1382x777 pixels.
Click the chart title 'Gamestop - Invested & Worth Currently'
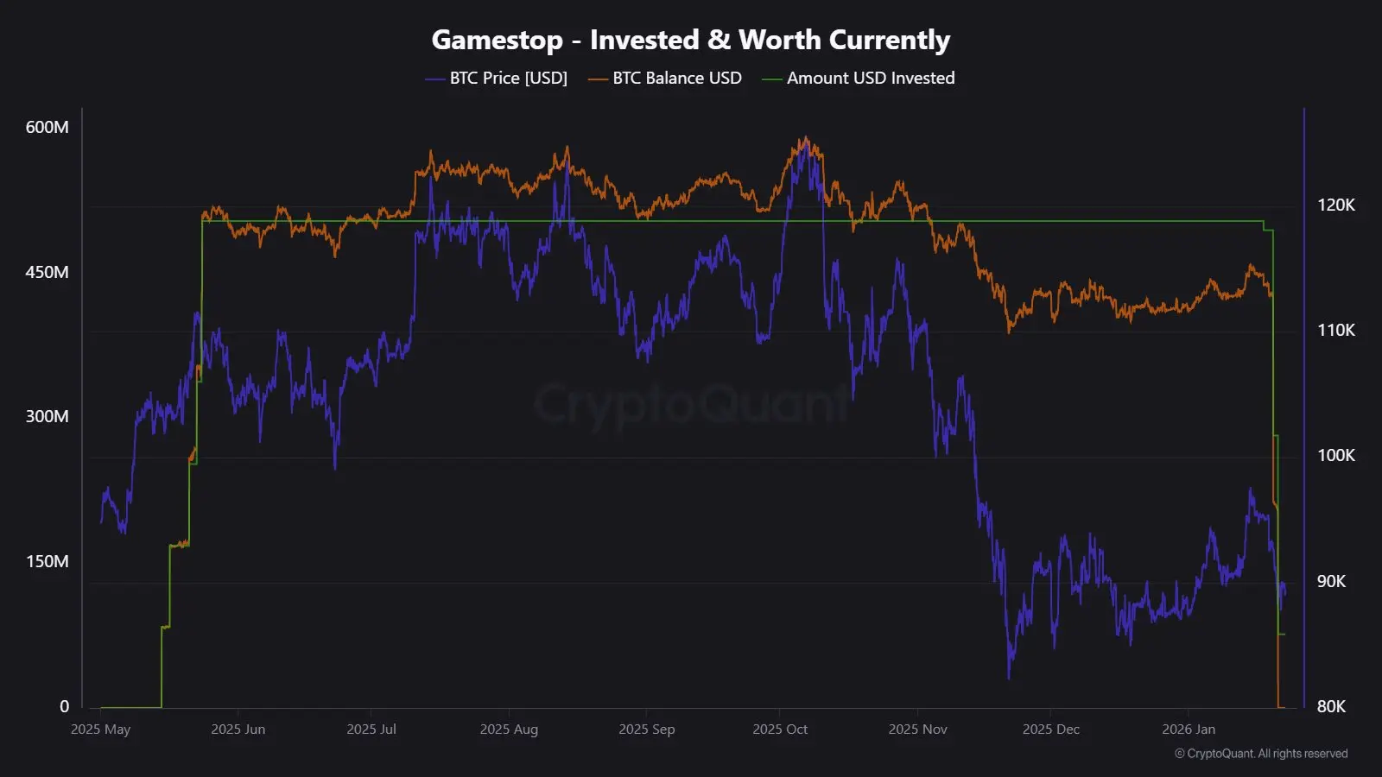coord(690,40)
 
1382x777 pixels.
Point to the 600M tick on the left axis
coord(48,127)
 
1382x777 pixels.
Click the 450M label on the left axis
coord(48,272)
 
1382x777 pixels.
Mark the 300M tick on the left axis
coord(48,416)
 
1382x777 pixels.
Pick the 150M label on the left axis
coord(48,561)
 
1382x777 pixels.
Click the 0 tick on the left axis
coord(64,706)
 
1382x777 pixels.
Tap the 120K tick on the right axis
coord(1335,205)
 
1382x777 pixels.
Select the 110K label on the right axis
coord(1335,330)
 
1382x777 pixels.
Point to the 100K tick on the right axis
coord(1335,455)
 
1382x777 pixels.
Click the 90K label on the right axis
coord(1331,581)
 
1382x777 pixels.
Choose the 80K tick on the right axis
coord(1331,706)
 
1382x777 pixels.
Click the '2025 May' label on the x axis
coord(100,730)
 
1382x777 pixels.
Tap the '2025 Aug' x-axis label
coord(509,730)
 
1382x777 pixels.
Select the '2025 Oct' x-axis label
coord(780,730)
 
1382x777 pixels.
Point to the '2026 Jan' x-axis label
coord(1189,730)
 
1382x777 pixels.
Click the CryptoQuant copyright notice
coord(1261,754)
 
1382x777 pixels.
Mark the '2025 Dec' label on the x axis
coord(1051,730)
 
